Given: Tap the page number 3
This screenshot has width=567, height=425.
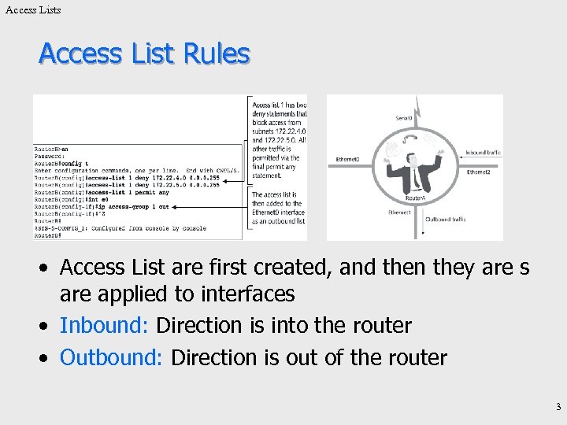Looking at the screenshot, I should (x=558, y=407).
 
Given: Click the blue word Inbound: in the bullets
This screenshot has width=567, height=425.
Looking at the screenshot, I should (x=106, y=325).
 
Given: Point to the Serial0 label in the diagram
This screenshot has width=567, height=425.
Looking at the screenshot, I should (x=404, y=118).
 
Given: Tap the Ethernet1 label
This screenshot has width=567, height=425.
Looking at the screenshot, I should (x=400, y=213).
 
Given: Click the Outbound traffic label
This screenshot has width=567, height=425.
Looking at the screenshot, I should (x=446, y=220).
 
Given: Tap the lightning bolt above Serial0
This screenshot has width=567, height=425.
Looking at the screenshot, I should (x=417, y=105).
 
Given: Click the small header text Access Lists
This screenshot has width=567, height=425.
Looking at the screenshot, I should (x=32, y=9).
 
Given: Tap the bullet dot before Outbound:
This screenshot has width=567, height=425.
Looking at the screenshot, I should (x=47, y=358).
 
